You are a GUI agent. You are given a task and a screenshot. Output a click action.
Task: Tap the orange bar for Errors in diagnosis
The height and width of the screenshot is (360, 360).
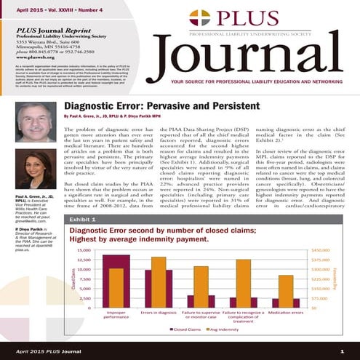click(x=158, y=267)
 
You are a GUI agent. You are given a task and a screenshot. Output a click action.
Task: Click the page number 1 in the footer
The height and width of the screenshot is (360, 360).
click(x=342, y=352)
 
